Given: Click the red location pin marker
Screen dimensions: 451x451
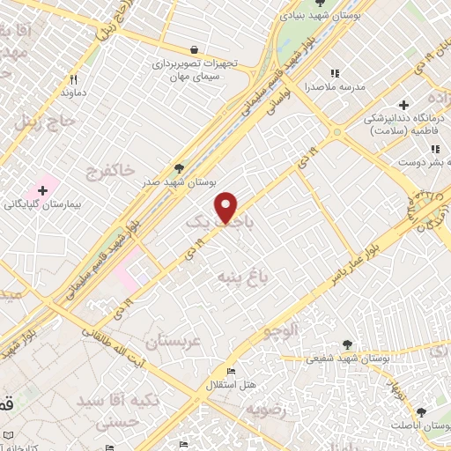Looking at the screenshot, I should point(227,207).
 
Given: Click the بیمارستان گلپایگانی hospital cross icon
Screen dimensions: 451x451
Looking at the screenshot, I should point(41,190).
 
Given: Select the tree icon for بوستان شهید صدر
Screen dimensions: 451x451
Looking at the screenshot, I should point(180,166).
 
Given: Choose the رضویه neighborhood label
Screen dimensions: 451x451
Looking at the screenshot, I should point(267,409).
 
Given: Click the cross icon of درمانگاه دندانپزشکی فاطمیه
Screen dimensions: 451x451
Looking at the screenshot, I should point(406,103).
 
